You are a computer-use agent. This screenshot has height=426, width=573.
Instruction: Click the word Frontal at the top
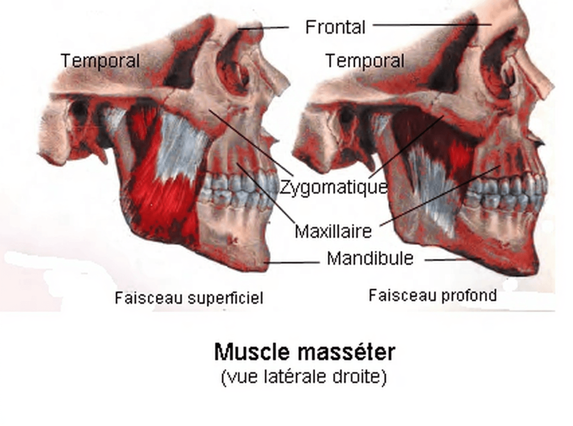335,27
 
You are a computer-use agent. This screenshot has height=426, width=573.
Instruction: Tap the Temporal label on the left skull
100,61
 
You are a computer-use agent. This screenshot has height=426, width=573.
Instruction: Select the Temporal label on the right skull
365,61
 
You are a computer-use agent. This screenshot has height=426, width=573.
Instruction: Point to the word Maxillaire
333,231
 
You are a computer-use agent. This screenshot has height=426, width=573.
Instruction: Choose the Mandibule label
370,258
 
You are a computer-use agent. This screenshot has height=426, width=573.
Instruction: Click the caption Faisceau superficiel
189,298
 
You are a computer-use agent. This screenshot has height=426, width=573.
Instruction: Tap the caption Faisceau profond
432,295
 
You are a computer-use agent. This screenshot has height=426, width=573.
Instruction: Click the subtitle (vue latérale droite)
303,377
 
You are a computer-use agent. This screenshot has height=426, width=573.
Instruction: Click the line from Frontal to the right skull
432,25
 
